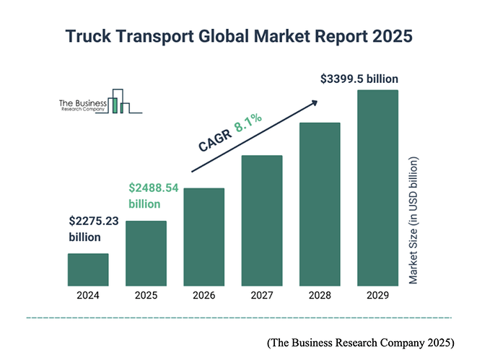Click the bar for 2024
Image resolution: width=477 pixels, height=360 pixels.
point(88,269)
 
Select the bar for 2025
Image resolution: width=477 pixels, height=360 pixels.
point(146,253)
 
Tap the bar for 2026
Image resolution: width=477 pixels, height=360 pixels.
point(204,237)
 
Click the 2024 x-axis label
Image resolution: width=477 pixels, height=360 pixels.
point(88,295)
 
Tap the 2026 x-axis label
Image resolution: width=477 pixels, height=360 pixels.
point(204,295)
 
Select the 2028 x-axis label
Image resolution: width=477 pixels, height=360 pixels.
point(320,295)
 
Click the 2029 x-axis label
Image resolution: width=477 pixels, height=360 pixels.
point(377,295)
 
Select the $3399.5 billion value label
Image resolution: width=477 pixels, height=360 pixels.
point(359,78)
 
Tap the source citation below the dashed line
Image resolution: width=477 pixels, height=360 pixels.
point(361,342)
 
